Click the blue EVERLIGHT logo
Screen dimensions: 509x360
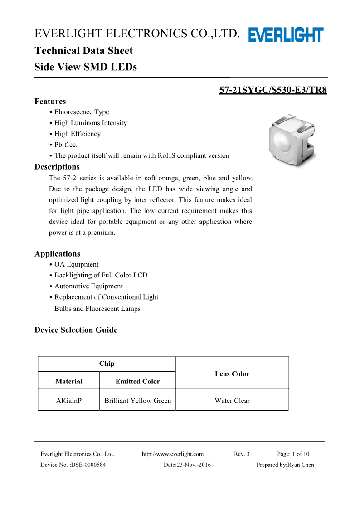tap(286, 35)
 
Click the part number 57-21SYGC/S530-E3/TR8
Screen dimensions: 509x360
tap(273, 90)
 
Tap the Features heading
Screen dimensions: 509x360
tap(50, 102)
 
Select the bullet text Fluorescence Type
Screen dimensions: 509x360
tap(82, 112)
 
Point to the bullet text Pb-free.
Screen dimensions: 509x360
tap(66, 145)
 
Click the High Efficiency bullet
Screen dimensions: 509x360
tap(78, 134)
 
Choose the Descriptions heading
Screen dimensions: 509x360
tap(57, 167)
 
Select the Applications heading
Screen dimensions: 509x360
tap(57, 254)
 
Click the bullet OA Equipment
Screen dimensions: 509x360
tap(76, 264)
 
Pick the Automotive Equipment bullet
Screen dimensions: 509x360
tap(88, 286)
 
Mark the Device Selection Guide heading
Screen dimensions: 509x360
tap(76, 330)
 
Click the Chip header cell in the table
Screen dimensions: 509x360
tap(107, 364)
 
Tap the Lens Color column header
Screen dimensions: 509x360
tap(232, 374)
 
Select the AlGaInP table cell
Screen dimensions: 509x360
tap(68, 401)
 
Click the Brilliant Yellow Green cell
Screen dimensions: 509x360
tap(137, 401)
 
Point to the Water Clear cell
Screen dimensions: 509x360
tap(232, 401)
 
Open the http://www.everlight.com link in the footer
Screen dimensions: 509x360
tap(173, 454)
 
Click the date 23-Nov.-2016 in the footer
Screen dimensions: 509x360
tap(187, 465)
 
